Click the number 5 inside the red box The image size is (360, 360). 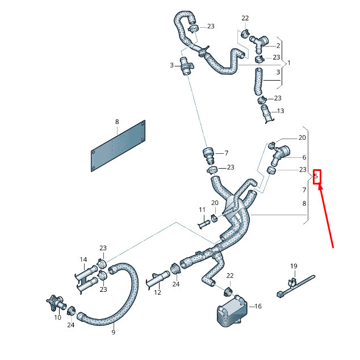click(316, 177)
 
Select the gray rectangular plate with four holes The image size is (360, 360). click(118, 146)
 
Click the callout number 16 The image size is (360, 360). click(258, 307)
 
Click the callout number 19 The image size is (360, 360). click(294, 266)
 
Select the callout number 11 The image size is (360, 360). click(202, 210)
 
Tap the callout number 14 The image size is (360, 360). click(83, 260)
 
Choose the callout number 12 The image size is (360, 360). click(158, 292)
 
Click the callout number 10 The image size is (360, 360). click(57, 317)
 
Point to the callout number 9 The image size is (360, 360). click(113, 332)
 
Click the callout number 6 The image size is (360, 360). click(304, 157)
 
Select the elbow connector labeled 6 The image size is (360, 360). click(281, 153)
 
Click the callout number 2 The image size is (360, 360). click(278, 45)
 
